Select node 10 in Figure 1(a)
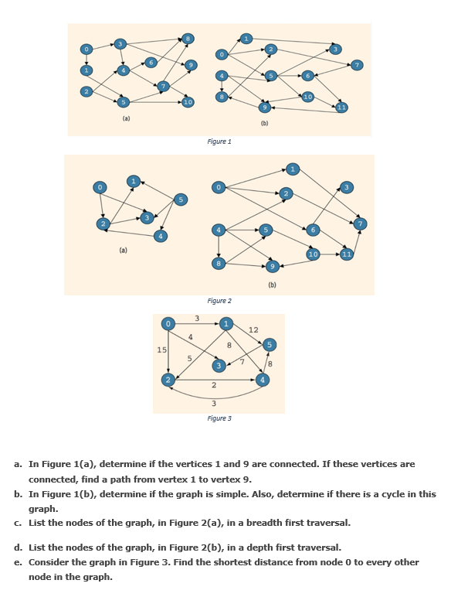point(188,102)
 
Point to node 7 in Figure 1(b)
point(356,65)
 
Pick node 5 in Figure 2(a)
point(181,200)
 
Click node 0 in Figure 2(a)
point(98,187)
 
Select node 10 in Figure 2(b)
point(313,254)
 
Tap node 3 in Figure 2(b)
point(347,187)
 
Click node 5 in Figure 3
point(269,343)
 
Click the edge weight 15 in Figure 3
point(161,350)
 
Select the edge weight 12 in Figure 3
point(253,330)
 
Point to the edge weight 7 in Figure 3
point(242,362)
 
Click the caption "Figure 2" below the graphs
point(219,301)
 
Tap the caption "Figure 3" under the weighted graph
point(219,418)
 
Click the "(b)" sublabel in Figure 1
point(265,123)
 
